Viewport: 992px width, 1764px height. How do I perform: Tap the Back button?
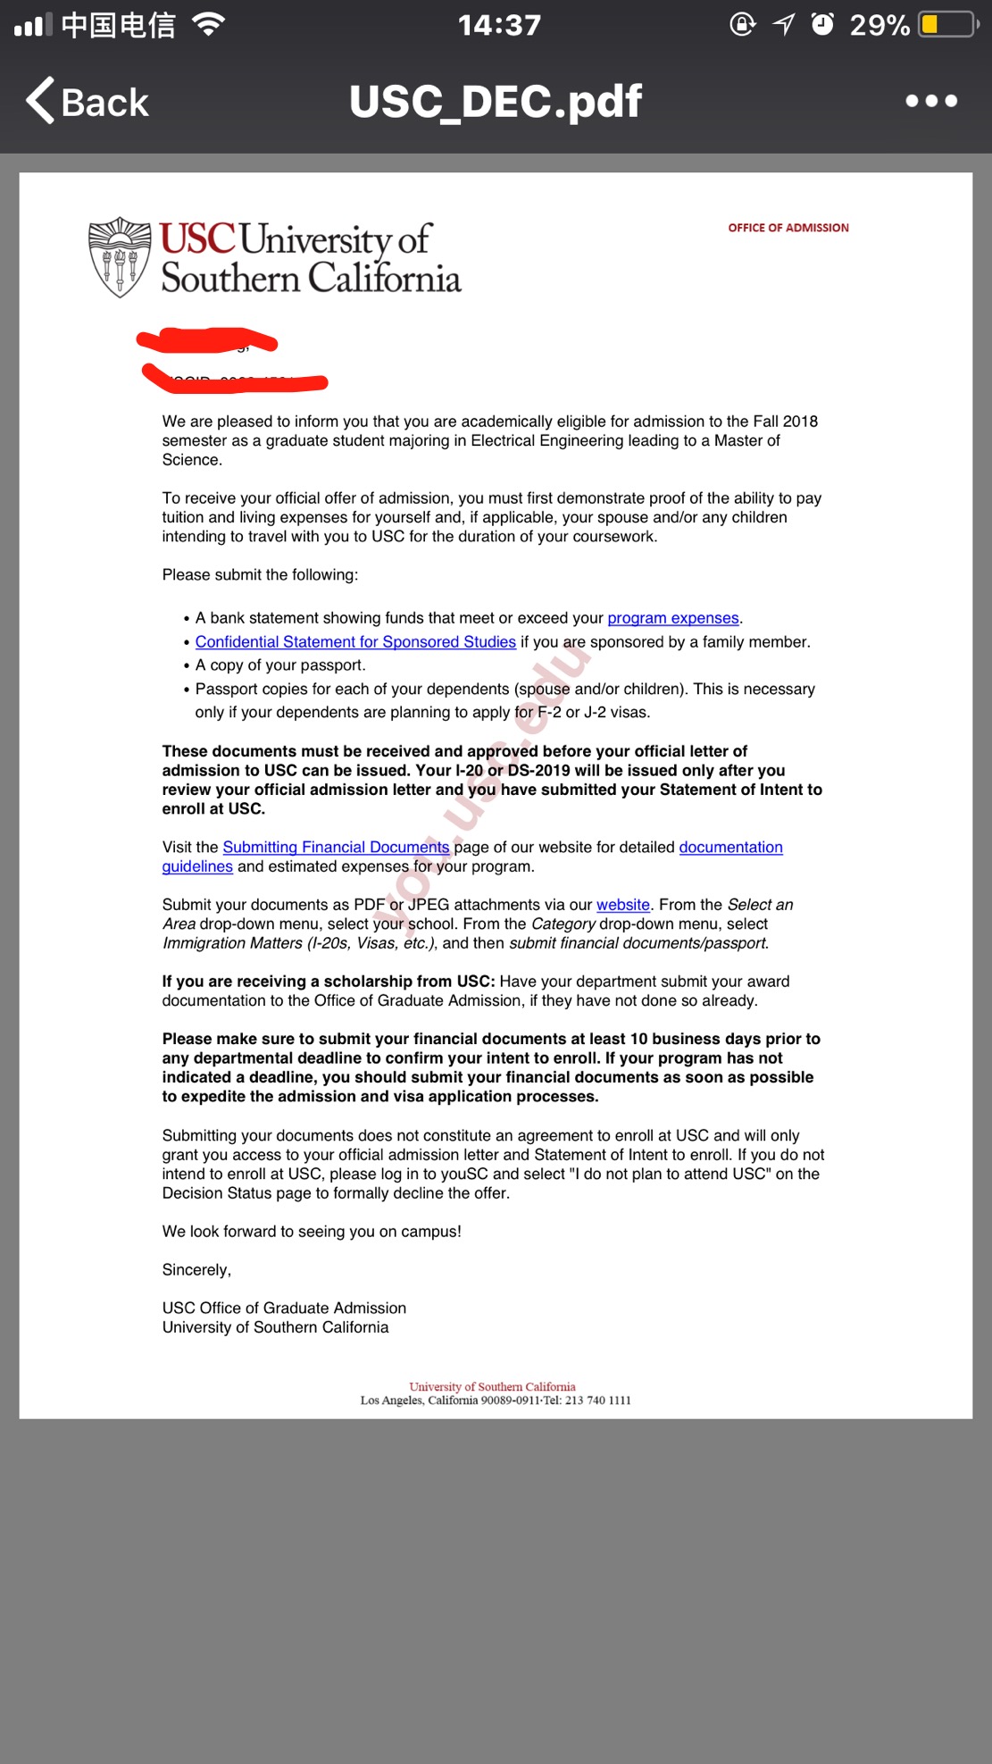point(88,101)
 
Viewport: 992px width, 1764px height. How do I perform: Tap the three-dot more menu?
point(931,101)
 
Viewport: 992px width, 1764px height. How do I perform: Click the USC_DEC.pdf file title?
point(496,101)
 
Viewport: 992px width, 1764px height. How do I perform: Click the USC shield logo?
point(120,257)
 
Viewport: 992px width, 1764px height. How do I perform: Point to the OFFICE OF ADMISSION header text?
point(788,228)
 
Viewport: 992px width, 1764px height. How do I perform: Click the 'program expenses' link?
point(673,618)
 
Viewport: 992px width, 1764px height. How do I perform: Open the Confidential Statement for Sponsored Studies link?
point(355,642)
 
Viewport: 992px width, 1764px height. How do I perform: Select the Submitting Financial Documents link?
point(336,847)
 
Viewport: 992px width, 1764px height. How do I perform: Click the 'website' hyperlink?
point(622,905)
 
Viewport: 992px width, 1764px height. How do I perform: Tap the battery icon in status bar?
point(947,24)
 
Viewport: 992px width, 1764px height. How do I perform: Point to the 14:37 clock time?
point(499,25)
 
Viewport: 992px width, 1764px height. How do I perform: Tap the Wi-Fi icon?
point(208,24)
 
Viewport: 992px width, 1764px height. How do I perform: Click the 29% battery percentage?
point(879,25)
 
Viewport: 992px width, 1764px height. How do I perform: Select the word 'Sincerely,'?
point(196,1270)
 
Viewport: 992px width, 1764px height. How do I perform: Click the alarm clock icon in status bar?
point(822,24)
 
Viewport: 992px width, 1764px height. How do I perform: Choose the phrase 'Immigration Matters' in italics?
point(232,943)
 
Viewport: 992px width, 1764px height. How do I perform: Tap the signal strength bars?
point(33,25)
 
